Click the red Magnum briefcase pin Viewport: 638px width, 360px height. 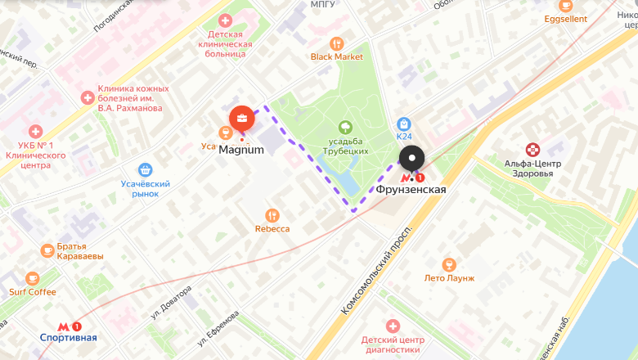pos(241,119)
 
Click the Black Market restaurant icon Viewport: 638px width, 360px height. pos(336,43)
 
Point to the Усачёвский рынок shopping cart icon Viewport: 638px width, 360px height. pos(145,169)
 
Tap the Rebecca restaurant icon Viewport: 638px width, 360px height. pos(272,215)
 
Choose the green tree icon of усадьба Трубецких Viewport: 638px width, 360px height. pos(345,127)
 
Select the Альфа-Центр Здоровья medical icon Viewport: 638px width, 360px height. pos(532,149)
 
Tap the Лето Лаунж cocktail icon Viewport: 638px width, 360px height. pos(448,264)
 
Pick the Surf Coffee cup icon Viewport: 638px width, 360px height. pos(32,278)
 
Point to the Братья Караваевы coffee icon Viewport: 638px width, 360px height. pos(47,250)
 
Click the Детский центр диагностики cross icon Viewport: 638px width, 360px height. pos(393,326)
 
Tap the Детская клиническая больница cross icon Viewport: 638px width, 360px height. pos(225,20)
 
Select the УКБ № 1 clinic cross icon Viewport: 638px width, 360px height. pos(35,131)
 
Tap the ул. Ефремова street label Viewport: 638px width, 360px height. pos(218,327)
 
